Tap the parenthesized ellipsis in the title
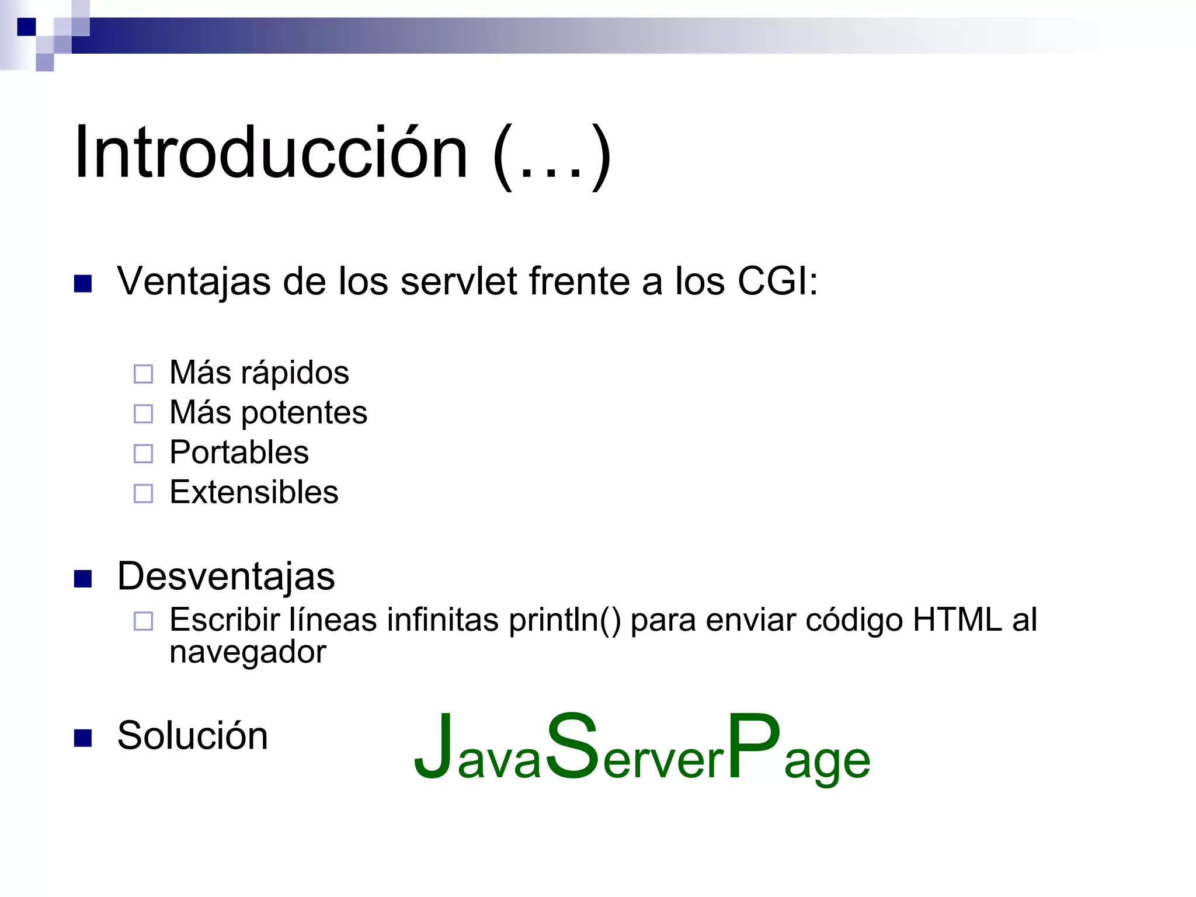pos(552,157)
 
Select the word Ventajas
pos(193,282)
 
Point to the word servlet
pos(459,281)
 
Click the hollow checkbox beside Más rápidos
pos(143,374)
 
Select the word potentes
pos(304,413)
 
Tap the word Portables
pos(239,453)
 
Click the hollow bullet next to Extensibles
pos(143,493)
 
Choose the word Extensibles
pos(253,492)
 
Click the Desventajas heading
pos(226,577)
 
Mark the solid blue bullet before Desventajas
pos(83,579)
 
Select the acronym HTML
pos(957,620)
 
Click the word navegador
pos(248,652)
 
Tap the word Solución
pos(192,736)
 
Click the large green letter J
pos(434,747)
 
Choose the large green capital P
pos(753,746)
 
